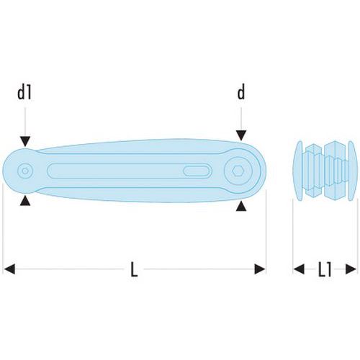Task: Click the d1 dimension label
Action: point(24,93)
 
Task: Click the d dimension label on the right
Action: point(241,93)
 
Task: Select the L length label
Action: point(134,269)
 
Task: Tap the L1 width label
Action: point(325,269)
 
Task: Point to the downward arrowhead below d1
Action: point(25,141)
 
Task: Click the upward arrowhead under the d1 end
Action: point(25,201)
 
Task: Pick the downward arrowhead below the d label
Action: point(241,135)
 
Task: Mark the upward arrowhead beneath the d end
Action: point(241,207)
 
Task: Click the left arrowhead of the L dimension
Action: point(9,269)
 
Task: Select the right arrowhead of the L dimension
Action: point(260,269)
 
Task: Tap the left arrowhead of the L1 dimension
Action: point(299,269)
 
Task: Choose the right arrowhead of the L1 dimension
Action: point(351,269)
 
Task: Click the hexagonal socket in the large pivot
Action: point(238,171)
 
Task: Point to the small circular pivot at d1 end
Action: point(25,171)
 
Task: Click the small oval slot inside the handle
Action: point(197,171)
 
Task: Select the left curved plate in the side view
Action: point(298,171)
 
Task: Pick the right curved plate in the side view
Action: point(352,171)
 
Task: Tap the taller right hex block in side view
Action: point(335,171)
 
